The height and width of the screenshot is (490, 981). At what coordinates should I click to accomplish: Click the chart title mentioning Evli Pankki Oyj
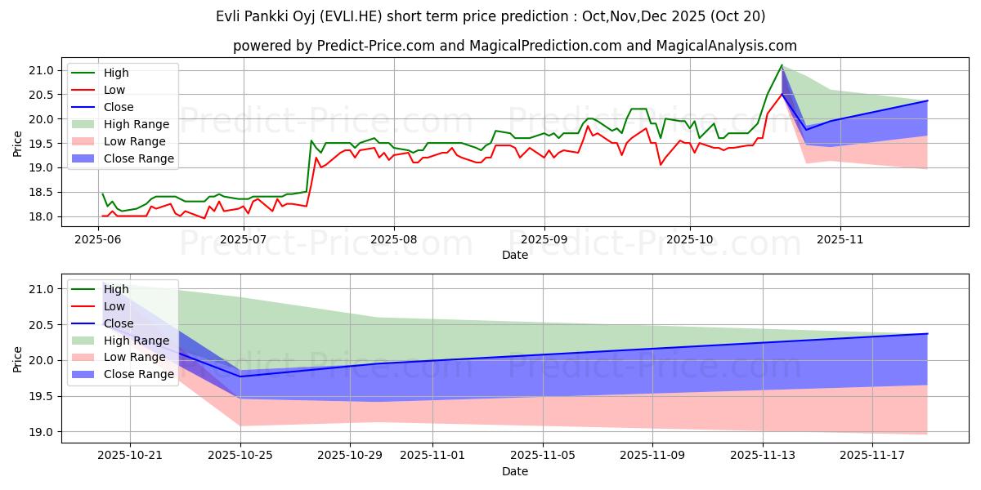point(491,16)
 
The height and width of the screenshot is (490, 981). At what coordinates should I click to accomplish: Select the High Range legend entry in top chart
point(137,124)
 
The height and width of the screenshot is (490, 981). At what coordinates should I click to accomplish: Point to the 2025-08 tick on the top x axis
point(393,239)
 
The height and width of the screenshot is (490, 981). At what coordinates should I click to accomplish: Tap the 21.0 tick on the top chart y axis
point(43,70)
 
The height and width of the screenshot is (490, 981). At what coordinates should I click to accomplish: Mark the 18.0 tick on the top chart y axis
point(43,216)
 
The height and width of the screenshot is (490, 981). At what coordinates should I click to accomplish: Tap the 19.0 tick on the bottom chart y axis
point(43,432)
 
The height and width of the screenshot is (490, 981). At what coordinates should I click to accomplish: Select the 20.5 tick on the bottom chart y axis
point(43,325)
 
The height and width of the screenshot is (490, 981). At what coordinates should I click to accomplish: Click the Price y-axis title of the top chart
point(18,143)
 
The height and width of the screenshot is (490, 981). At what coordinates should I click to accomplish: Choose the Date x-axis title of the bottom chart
point(515,472)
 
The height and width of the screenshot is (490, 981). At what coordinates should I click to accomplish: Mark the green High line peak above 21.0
point(782,65)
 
